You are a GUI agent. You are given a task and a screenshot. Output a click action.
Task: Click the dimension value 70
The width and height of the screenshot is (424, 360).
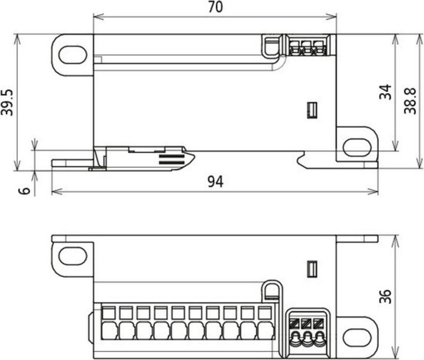(x=214, y=8)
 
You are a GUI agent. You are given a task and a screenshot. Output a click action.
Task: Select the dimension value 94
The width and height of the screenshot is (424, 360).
(x=215, y=182)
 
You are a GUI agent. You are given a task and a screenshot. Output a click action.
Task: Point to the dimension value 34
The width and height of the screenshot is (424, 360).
(x=385, y=92)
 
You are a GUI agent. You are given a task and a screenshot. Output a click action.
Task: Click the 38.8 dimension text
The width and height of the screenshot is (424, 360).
(x=410, y=101)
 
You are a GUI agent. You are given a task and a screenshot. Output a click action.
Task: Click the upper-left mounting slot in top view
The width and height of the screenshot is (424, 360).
(x=72, y=54)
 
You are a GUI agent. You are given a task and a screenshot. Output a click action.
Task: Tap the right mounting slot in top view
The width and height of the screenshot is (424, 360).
(x=357, y=147)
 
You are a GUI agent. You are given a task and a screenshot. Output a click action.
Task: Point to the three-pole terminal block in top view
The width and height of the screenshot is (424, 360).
(x=307, y=46)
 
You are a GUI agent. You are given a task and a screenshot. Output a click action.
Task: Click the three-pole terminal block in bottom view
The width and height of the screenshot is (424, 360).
(x=307, y=332)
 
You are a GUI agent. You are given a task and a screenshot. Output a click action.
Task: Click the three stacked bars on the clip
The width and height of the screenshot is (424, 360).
(x=171, y=159)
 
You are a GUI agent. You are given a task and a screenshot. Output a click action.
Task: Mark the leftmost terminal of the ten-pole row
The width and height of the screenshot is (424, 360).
(x=110, y=322)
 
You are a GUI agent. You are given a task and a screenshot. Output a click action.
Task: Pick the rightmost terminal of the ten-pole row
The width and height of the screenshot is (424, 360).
(x=266, y=322)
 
